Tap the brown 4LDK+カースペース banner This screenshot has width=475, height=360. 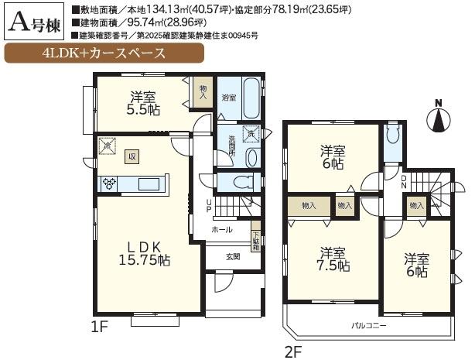coord(105,54)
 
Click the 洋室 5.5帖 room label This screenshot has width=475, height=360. coord(142,103)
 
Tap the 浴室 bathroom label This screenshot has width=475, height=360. coord(228,98)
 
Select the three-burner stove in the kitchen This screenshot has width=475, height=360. coord(108,183)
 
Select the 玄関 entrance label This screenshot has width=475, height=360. coord(233,257)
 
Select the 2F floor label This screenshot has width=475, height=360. coord(292,352)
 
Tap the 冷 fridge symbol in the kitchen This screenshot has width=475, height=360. coord(107,146)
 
